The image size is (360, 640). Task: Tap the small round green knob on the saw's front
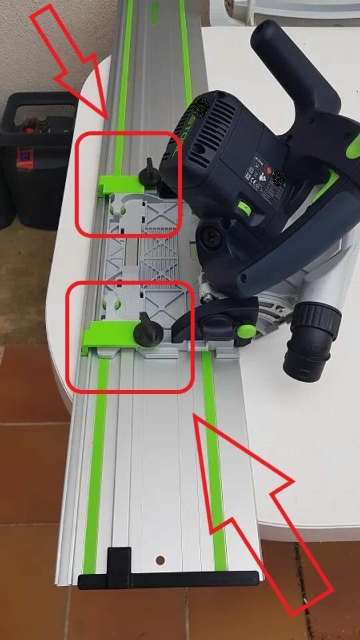(246, 329)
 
